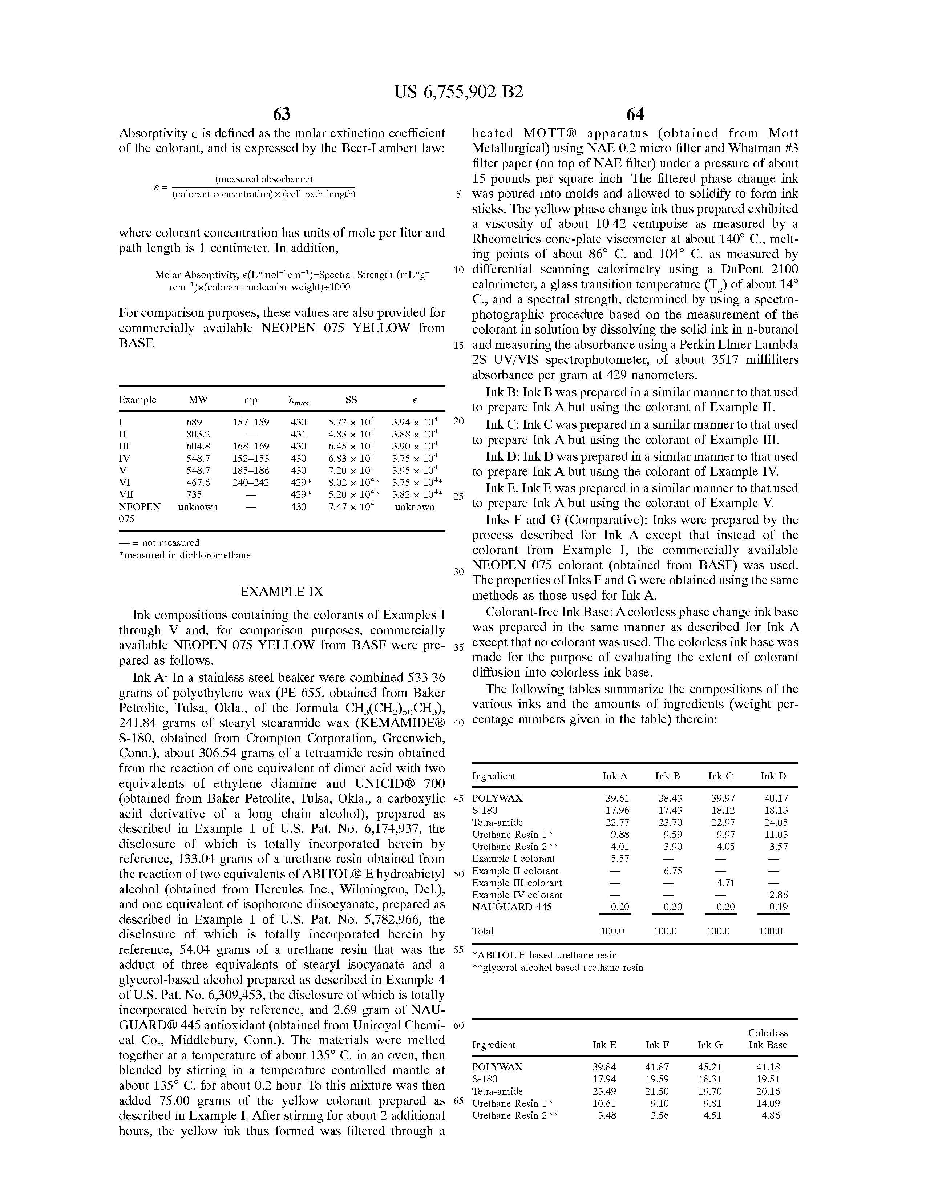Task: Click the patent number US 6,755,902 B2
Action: [x=458, y=92]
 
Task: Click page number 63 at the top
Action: [x=282, y=114]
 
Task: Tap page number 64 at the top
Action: [x=635, y=114]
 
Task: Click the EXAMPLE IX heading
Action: [x=282, y=591]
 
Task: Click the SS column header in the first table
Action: [x=351, y=400]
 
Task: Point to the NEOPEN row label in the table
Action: [x=139, y=507]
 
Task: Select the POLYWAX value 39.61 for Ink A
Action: [x=616, y=798]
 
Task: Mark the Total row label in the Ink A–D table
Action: [x=483, y=931]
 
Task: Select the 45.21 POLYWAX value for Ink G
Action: [x=709, y=1067]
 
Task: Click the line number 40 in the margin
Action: [x=459, y=723]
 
